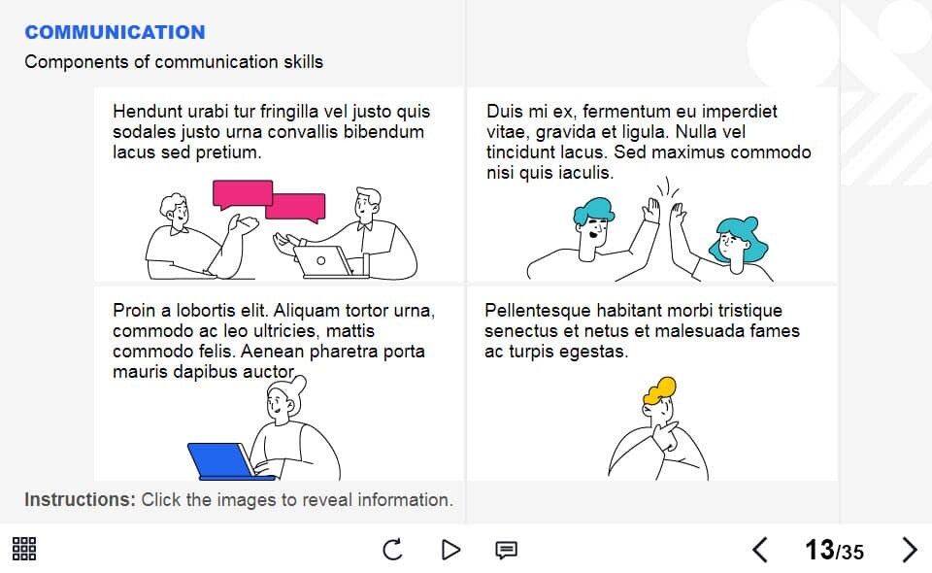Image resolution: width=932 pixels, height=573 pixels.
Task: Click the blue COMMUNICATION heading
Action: (115, 32)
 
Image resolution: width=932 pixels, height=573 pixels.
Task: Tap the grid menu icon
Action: (24, 549)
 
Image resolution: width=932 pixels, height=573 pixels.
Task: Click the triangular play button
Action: (451, 550)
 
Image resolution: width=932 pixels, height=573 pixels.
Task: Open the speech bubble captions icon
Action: (507, 550)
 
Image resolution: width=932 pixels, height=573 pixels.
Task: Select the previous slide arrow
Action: (760, 550)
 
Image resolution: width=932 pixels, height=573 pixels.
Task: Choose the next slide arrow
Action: (910, 550)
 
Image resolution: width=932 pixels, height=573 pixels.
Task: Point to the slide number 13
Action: (819, 550)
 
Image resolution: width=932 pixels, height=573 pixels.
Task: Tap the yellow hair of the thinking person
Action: (659, 389)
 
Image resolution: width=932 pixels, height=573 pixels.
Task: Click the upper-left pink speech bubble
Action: (243, 194)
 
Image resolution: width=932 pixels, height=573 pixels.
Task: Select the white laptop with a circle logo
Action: (326, 262)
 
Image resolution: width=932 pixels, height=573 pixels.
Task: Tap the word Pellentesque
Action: (537, 311)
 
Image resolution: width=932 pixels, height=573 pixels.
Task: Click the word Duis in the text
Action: (504, 112)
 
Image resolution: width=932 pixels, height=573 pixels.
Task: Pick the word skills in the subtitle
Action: (303, 62)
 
